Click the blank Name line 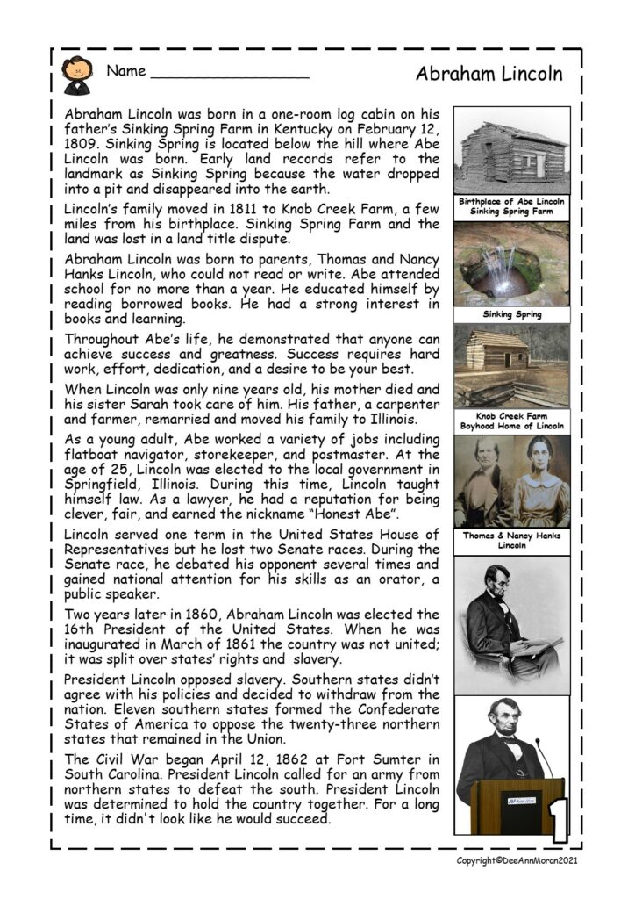coord(230,77)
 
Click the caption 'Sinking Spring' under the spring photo coord(511,314)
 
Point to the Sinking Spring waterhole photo coord(511,263)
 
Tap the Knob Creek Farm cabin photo coord(511,366)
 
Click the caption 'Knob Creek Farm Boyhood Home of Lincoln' coord(511,421)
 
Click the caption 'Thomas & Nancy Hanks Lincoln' coord(511,540)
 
